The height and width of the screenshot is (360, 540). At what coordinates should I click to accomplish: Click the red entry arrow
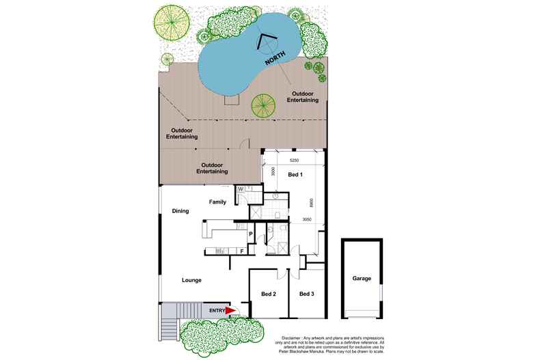[x=230, y=311]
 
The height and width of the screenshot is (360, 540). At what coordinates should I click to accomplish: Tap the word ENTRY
[x=217, y=311]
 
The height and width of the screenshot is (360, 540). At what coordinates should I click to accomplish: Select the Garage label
[x=362, y=279]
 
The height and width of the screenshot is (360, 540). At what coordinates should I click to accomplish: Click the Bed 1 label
[x=296, y=176]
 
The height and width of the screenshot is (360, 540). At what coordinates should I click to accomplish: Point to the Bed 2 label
[x=268, y=294]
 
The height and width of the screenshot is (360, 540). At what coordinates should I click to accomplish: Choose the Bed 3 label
[x=306, y=294]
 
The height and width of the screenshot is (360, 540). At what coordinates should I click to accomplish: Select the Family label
[x=217, y=202]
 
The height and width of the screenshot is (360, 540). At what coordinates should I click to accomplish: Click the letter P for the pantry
[x=250, y=235]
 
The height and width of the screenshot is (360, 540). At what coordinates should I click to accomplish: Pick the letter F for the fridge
[x=241, y=251]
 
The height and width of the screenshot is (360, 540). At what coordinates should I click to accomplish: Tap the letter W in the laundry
[x=241, y=190]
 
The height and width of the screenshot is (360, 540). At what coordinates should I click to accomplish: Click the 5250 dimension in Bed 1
[x=294, y=161]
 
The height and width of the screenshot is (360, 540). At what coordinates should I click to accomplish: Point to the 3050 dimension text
[x=308, y=219]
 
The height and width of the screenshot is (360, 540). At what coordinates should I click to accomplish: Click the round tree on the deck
[x=263, y=106]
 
